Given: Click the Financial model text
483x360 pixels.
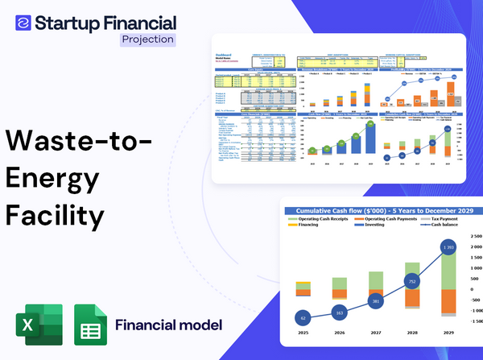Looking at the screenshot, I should (168, 325).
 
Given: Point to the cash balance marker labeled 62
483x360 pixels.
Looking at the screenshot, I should (302, 317).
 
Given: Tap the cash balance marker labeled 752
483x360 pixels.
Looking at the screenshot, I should (412, 283).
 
